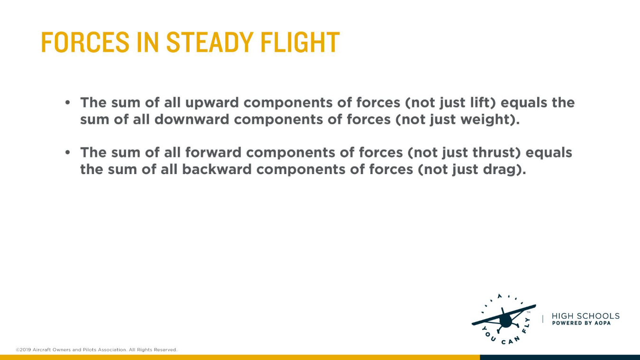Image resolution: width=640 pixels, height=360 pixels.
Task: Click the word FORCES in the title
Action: click(x=85, y=42)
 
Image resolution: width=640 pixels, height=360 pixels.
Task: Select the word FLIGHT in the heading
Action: click(x=300, y=42)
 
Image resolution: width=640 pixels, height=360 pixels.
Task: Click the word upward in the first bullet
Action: click(x=212, y=102)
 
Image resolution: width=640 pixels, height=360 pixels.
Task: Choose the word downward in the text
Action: click(x=192, y=119)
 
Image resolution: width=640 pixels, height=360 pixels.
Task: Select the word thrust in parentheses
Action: click(x=496, y=152)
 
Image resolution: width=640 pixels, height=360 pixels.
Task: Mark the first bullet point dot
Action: click(x=67, y=102)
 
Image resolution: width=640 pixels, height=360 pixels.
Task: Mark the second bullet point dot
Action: click(x=67, y=153)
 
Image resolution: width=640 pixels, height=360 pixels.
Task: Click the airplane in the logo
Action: click(x=504, y=319)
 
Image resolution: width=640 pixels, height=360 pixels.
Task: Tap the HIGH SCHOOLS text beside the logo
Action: click(x=585, y=316)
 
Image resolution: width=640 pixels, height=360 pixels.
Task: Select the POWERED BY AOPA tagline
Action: click(x=581, y=323)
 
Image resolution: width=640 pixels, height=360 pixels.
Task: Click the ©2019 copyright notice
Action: click(x=97, y=350)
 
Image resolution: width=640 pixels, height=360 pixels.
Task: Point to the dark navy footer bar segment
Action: click(x=560, y=358)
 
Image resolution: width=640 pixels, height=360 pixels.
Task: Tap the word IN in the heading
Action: click(x=148, y=42)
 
